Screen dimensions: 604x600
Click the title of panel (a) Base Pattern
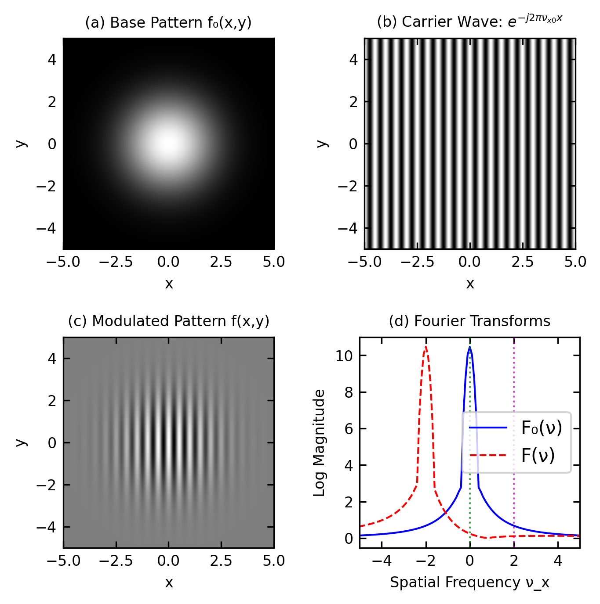coord(168,22)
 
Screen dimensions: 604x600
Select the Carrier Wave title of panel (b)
coord(469,22)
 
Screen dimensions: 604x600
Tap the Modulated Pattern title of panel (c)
coord(168,321)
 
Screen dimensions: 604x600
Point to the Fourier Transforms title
coord(469,321)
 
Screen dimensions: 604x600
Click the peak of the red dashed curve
coord(425,347)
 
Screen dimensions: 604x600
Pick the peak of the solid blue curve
coord(470,347)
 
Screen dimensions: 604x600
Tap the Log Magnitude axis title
coord(319,442)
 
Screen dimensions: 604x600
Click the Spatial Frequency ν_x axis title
coord(469,582)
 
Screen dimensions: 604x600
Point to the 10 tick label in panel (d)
coord(344,356)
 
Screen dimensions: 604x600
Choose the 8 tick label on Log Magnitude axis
coord(349,392)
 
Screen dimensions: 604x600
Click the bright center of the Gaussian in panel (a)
coord(168,143)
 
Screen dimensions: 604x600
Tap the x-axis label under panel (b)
coord(470,284)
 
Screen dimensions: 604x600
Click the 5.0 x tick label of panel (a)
coord(274,262)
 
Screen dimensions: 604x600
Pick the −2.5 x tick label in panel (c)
coord(116,561)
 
